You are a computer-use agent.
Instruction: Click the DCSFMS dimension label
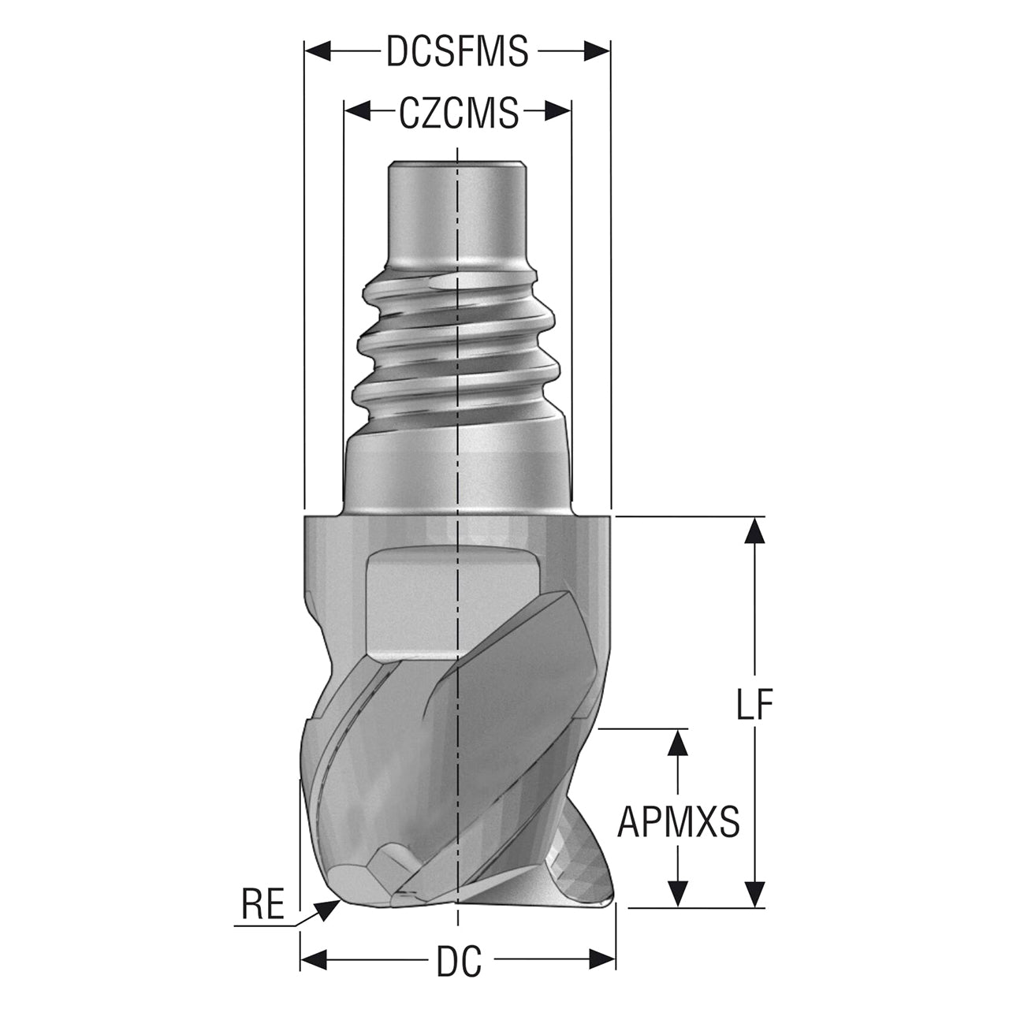click(x=457, y=51)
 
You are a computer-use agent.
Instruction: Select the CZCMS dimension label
click(x=458, y=112)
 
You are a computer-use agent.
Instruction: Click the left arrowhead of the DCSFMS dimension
click(x=318, y=51)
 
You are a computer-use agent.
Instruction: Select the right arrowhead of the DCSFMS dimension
click(x=598, y=51)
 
